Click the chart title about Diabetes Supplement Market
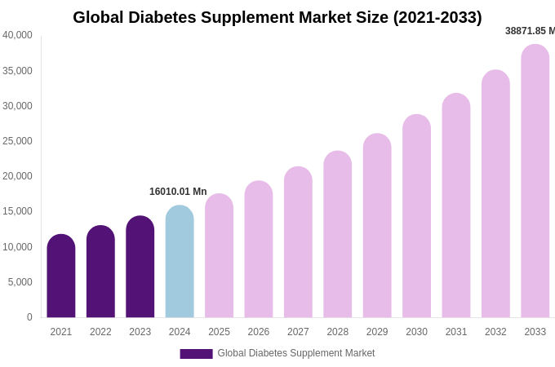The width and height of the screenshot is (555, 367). pyautogui.click(x=277, y=17)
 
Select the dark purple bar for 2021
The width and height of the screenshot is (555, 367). pyautogui.click(x=61, y=277)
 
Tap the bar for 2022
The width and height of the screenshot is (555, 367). pyautogui.click(x=100, y=273)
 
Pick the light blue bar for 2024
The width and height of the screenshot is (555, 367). pyautogui.click(x=180, y=263)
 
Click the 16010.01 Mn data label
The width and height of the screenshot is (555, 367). pyautogui.click(x=178, y=192)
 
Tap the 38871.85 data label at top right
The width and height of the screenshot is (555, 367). pyautogui.click(x=529, y=31)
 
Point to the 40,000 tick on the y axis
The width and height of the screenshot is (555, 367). pyautogui.click(x=17, y=35)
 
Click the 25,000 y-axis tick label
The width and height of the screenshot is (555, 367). pyautogui.click(x=17, y=141)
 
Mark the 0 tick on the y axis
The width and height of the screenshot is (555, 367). pyautogui.click(x=29, y=317)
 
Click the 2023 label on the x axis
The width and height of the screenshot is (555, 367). pyautogui.click(x=140, y=332)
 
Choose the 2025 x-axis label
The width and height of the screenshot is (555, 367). pyautogui.click(x=219, y=332)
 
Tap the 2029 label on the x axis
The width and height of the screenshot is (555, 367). pyautogui.click(x=377, y=332)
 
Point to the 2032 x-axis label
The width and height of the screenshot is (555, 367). pyautogui.click(x=495, y=332)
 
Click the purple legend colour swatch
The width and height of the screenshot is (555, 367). pyautogui.click(x=196, y=354)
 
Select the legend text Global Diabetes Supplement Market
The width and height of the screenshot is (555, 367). pyautogui.click(x=295, y=353)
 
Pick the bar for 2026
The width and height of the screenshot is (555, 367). pyautogui.click(x=259, y=250)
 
